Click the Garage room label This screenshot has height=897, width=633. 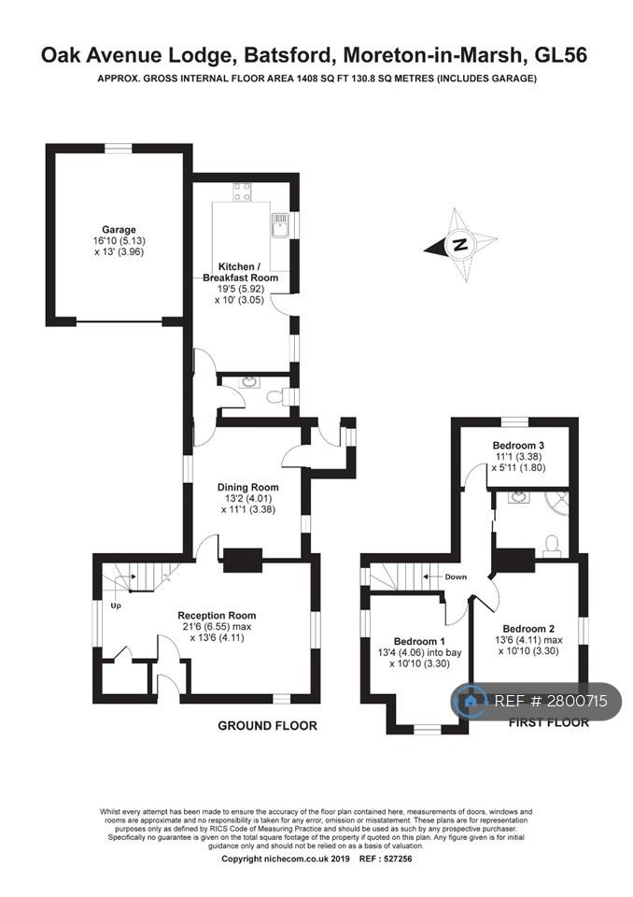click(119, 230)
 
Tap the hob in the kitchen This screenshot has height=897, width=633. click(241, 192)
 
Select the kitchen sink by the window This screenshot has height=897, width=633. click(280, 225)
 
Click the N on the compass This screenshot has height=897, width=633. click(459, 245)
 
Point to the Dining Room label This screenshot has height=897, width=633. click(248, 488)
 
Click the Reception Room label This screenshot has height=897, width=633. click(217, 616)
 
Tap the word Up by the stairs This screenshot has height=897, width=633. click(116, 605)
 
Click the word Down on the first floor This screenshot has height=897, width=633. click(456, 577)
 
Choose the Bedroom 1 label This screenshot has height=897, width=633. click(419, 642)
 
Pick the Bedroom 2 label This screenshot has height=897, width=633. click(528, 629)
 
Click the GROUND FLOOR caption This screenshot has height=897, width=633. click(267, 726)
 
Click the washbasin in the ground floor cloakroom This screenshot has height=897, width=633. click(250, 381)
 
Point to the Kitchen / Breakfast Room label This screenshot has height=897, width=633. click(240, 272)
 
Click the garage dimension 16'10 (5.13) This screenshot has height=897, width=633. click(119, 241)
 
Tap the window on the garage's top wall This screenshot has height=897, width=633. click(119, 149)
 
